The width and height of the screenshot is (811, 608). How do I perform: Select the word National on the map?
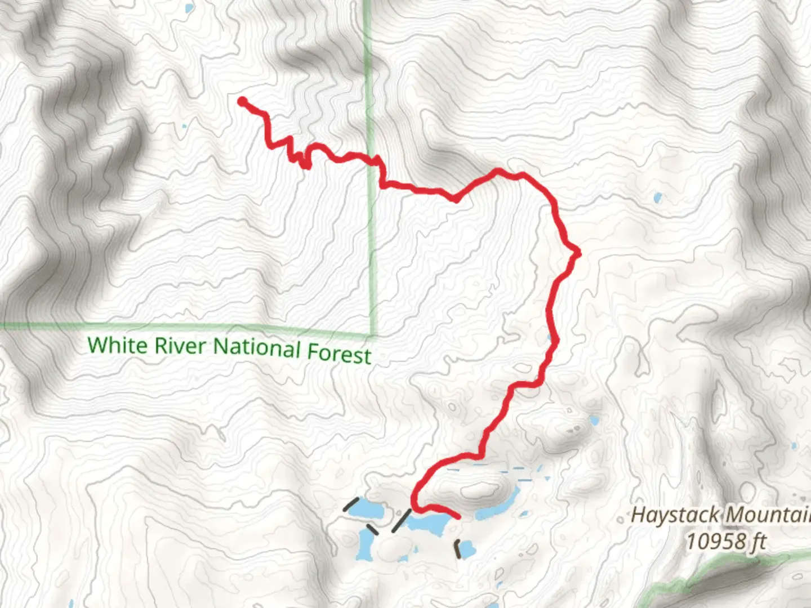[x=257, y=348]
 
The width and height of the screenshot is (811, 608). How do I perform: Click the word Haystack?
[x=675, y=515]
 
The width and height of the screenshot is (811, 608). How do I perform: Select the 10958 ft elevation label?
[x=725, y=542]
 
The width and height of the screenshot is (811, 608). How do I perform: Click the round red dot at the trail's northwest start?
[x=242, y=101]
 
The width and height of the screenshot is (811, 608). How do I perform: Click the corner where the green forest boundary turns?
[x=372, y=334]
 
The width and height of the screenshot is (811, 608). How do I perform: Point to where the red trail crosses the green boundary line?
[x=372, y=162]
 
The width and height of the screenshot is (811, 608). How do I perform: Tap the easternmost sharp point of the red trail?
[x=578, y=254]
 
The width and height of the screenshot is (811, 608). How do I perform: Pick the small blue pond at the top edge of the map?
[x=189, y=8]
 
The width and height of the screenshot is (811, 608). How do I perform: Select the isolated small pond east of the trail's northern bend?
[x=657, y=198]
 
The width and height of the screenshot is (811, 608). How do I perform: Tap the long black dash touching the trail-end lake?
[x=401, y=520]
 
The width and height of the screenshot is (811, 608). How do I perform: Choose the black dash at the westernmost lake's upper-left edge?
[x=351, y=504]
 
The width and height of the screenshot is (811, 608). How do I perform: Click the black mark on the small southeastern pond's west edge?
[x=458, y=549]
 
